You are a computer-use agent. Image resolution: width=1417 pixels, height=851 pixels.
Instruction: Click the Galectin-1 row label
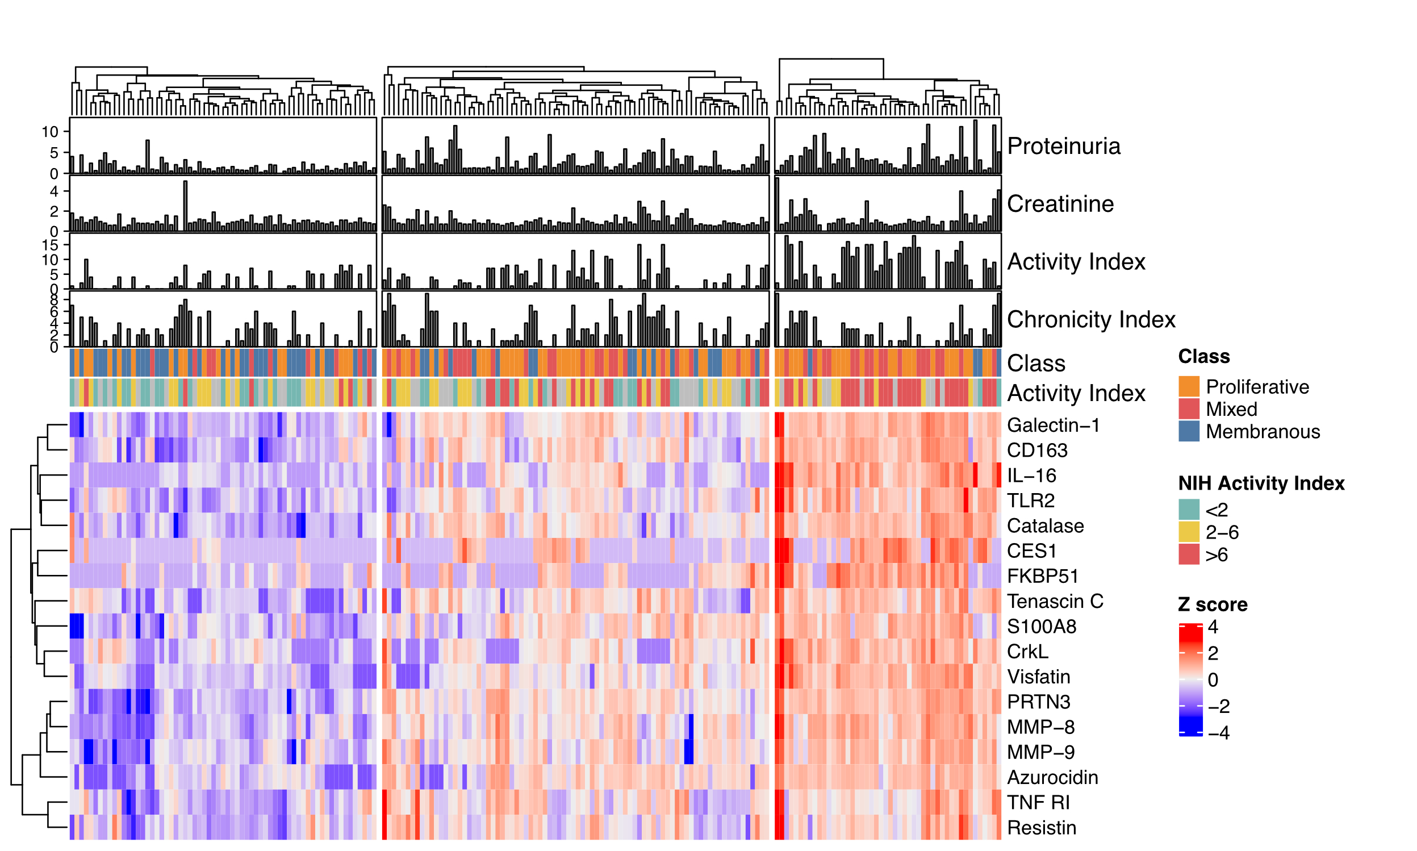1053,425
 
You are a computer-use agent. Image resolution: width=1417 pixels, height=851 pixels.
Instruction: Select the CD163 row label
1037,450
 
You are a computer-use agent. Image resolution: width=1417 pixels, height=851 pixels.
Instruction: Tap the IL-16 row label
1031,475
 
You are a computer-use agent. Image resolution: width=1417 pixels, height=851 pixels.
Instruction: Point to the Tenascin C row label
1055,601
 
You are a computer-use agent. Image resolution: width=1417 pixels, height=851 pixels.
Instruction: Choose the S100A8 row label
1041,626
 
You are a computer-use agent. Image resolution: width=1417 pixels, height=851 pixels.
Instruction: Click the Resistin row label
1041,828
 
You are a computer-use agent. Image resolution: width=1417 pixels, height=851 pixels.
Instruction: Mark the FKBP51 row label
1043,575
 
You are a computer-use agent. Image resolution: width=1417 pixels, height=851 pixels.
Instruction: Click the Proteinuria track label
1063,146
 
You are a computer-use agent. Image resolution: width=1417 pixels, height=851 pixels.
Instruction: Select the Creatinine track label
1060,203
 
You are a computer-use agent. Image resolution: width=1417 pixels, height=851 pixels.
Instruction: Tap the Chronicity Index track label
1091,319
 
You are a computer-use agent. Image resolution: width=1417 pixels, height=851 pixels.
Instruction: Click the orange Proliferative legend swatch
1189,386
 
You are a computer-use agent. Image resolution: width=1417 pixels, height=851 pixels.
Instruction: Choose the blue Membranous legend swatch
1189,431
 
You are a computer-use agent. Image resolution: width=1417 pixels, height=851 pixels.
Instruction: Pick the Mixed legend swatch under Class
1189,409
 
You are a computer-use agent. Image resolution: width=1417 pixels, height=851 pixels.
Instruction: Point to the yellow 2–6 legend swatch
1189,532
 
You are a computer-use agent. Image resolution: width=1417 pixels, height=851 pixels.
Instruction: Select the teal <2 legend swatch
1189,510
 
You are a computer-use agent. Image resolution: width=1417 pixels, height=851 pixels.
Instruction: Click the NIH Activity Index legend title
1261,483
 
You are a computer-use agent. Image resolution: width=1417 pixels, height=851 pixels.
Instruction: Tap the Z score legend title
1213,604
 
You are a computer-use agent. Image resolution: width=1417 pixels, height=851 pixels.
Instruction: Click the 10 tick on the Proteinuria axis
50,132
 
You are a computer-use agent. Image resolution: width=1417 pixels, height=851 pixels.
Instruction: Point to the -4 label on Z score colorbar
1218,733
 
